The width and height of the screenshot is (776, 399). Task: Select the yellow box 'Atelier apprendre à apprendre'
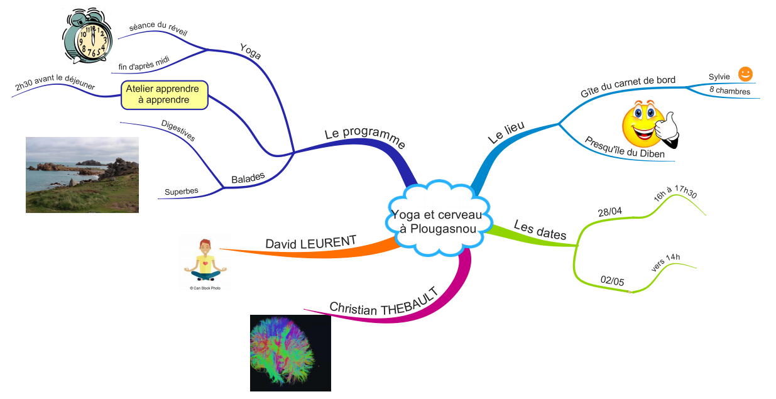point(163,94)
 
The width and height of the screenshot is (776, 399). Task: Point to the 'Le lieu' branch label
point(506,133)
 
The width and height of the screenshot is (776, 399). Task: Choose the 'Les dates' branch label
point(540,230)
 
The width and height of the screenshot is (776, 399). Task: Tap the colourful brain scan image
point(290,353)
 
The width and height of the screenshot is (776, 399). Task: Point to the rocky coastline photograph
point(82,175)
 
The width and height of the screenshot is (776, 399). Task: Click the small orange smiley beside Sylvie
point(745,74)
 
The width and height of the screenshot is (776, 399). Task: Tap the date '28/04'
point(609,212)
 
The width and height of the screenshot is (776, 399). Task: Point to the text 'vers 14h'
point(666,263)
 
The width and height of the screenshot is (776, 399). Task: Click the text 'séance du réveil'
point(158,29)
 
